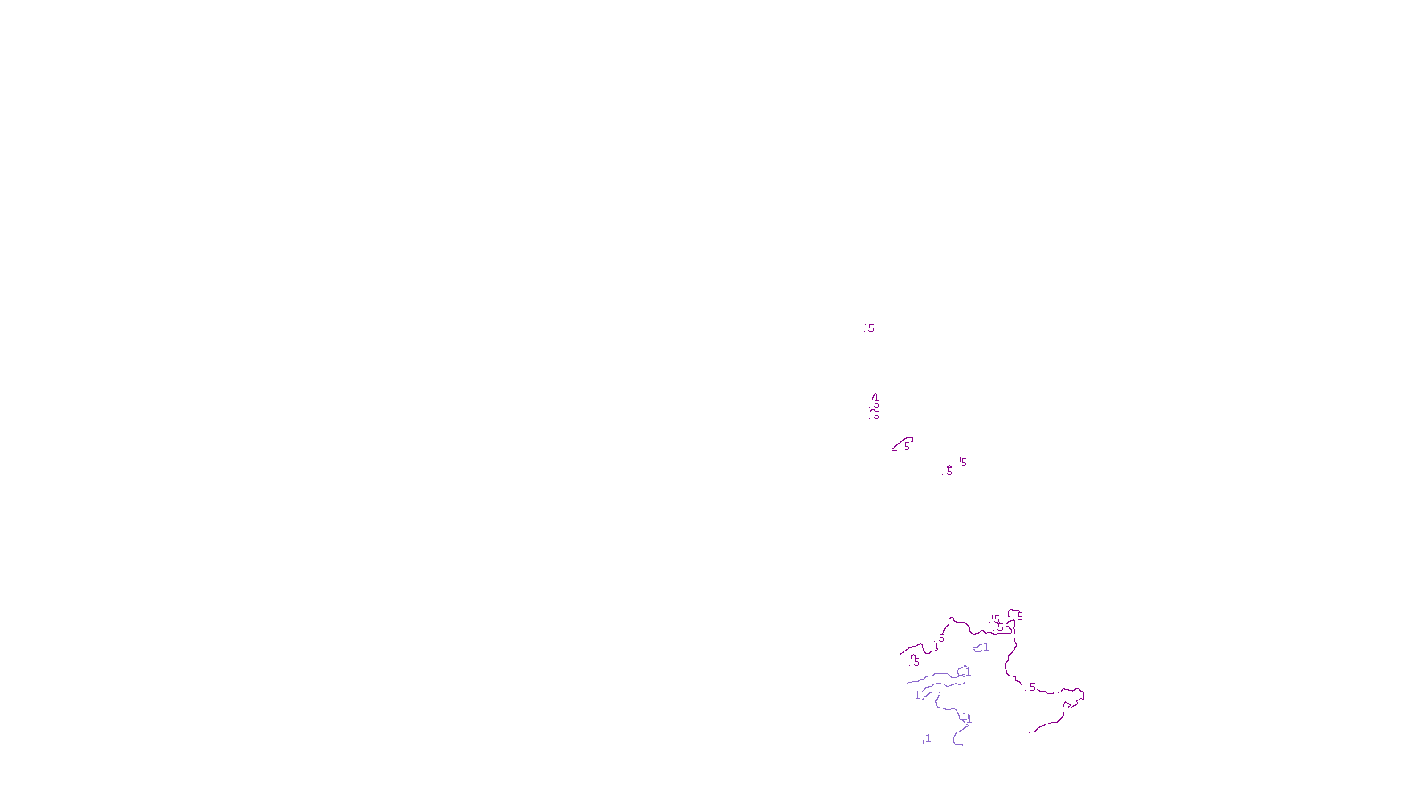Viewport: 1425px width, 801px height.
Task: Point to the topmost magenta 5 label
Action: click(871, 328)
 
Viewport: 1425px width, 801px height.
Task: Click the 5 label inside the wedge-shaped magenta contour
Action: click(907, 446)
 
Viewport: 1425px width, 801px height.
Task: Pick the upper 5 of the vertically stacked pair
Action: click(876, 403)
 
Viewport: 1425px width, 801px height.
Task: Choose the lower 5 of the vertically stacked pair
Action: click(876, 415)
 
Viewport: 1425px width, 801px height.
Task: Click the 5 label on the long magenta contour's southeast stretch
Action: click(1032, 686)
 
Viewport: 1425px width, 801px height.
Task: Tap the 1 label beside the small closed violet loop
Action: click(986, 647)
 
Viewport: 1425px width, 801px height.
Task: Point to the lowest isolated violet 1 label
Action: click(928, 739)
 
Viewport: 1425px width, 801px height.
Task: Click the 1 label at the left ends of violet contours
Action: click(917, 695)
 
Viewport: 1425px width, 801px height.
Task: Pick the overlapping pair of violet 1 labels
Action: click(966, 717)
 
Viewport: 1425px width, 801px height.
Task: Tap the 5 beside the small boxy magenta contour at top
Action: click(1020, 616)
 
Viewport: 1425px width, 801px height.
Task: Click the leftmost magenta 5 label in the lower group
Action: click(916, 661)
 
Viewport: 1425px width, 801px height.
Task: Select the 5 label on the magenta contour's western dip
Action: click(941, 638)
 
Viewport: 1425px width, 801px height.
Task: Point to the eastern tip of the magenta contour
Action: click(1084, 693)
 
